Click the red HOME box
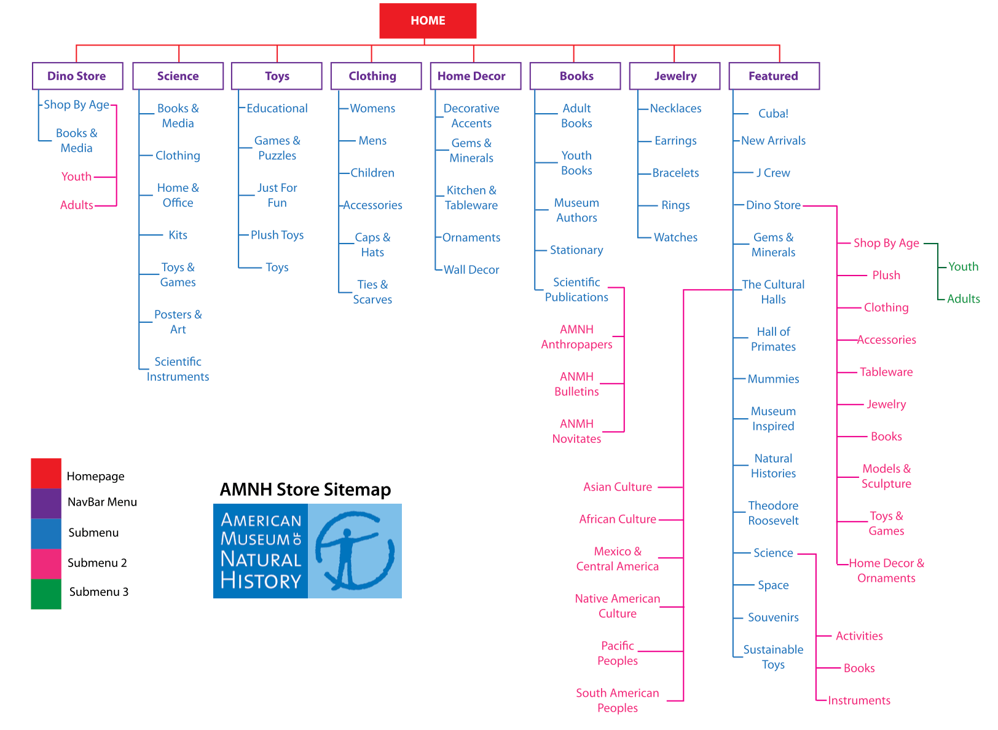click(x=428, y=21)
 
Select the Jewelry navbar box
click(x=675, y=76)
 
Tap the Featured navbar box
click(x=774, y=76)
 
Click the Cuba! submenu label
click(x=773, y=114)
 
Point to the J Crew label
click(x=773, y=173)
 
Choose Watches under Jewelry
click(x=675, y=237)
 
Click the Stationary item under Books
click(x=576, y=250)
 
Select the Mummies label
click(x=773, y=379)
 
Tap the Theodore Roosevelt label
click(x=773, y=513)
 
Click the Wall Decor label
click(x=471, y=270)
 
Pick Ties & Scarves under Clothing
click(x=372, y=292)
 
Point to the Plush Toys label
click(x=277, y=235)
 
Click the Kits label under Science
click(x=178, y=235)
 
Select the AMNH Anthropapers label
click(x=576, y=337)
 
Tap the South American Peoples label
click(x=617, y=700)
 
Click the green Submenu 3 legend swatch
click(x=46, y=594)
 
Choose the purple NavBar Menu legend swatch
click(x=46, y=503)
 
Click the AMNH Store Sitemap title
click(x=305, y=490)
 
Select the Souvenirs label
click(x=773, y=617)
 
